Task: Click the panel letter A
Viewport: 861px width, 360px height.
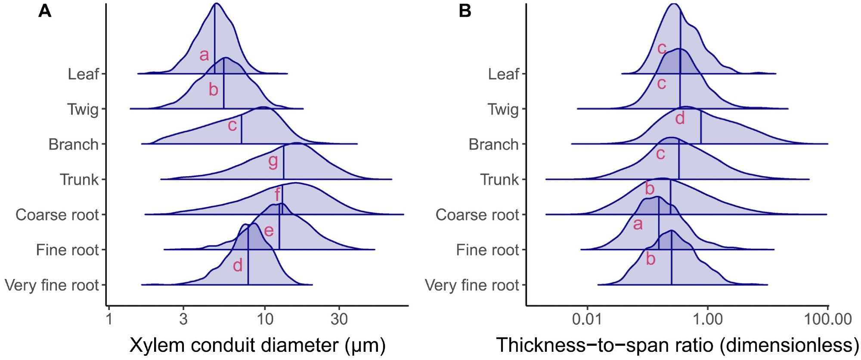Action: point(45,11)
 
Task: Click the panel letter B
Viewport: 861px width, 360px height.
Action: point(465,11)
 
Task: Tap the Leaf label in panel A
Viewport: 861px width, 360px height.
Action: point(84,74)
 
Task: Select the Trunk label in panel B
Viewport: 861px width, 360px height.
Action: point(499,180)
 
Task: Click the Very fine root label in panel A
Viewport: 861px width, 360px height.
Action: point(52,285)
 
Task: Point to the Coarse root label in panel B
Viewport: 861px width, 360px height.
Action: point(477,214)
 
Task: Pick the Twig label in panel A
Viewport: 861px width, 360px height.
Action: point(83,109)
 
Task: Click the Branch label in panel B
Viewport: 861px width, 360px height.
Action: point(493,144)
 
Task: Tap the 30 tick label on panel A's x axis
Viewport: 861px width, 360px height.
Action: point(339,319)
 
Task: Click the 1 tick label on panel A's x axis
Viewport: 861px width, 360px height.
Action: point(109,319)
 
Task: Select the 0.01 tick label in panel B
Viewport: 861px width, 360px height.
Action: point(587,319)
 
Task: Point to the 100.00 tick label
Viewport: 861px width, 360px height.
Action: point(828,319)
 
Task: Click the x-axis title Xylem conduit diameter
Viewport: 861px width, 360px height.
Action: point(257,345)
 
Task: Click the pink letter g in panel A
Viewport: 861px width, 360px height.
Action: point(273,161)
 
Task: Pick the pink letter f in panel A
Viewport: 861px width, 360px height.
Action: point(277,195)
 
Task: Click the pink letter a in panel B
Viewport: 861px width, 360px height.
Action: point(638,224)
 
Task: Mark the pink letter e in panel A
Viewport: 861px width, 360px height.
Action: point(269,230)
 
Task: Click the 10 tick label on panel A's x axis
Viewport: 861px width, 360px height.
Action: point(265,319)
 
